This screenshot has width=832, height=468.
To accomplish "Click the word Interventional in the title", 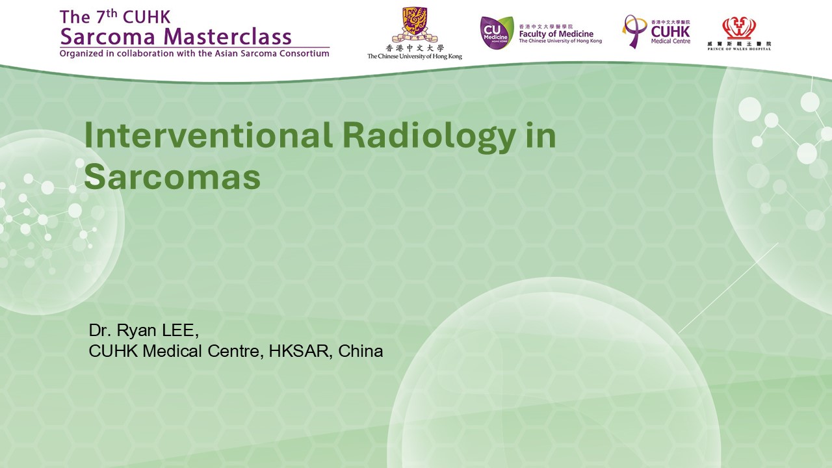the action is (209, 135).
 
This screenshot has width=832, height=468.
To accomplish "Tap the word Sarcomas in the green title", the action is (172, 177).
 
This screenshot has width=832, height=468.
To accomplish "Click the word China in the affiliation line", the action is (360, 351).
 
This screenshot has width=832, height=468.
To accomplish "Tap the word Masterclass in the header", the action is (227, 36).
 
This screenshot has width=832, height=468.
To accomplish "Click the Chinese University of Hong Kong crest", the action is (415, 24).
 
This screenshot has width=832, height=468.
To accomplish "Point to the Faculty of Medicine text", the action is (556, 34).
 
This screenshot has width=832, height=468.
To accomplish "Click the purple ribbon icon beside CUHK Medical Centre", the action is (634, 31).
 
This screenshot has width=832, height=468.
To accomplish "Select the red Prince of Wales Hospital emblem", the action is (739, 28).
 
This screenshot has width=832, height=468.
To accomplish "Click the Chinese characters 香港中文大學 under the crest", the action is (415, 48).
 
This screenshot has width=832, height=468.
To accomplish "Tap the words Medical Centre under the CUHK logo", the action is (670, 41).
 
